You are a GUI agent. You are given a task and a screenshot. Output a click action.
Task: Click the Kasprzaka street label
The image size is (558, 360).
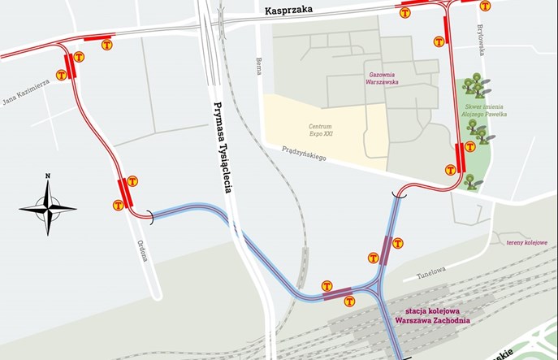pos(288,11)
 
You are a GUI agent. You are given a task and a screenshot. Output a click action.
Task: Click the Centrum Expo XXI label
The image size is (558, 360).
pos(325,132)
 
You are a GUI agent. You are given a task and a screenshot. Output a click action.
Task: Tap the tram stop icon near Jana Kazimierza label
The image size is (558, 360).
pos(61,75)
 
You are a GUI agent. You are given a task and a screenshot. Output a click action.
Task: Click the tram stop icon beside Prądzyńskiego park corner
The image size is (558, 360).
pos(450,169)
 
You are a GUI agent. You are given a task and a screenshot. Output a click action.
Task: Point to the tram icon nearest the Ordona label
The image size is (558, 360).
pos(118,206)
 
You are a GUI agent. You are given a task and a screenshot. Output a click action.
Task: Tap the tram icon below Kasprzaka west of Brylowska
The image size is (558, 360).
pos(439,41)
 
